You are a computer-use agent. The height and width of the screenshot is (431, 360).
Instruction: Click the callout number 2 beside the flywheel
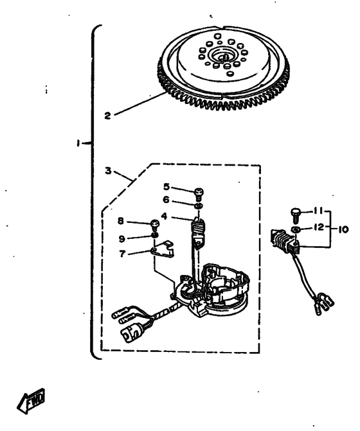tap(107, 116)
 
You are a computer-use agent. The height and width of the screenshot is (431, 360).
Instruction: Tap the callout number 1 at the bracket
tap(78, 143)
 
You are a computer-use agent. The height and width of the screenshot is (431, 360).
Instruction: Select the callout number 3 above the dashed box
tap(109, 171)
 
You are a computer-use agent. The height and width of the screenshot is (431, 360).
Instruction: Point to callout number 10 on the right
tap(343, 229)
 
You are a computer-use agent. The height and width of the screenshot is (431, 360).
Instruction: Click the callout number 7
tap(122, 254)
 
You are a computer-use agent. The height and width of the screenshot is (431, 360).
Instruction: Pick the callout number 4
tap(164, 216)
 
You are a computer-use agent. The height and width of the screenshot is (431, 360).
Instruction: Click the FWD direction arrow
tap(31, 400)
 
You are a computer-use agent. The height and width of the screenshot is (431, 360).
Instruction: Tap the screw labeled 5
tap(199, 193)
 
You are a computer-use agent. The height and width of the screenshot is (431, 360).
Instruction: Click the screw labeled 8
tap(155, 224)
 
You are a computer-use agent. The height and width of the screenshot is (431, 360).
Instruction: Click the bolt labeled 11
tap(295, 216)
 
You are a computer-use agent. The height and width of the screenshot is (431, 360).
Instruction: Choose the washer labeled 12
tap(295, 229)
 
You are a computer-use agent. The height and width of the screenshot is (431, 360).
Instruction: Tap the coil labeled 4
tap(198, 231)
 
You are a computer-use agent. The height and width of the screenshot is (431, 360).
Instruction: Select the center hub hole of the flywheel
tap(224, 57)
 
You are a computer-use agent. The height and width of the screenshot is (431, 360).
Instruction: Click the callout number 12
tap(319, 227)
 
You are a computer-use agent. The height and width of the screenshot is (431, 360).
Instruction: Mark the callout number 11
tap(318, 211)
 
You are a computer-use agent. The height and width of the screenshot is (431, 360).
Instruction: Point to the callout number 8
tap(121, 221)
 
